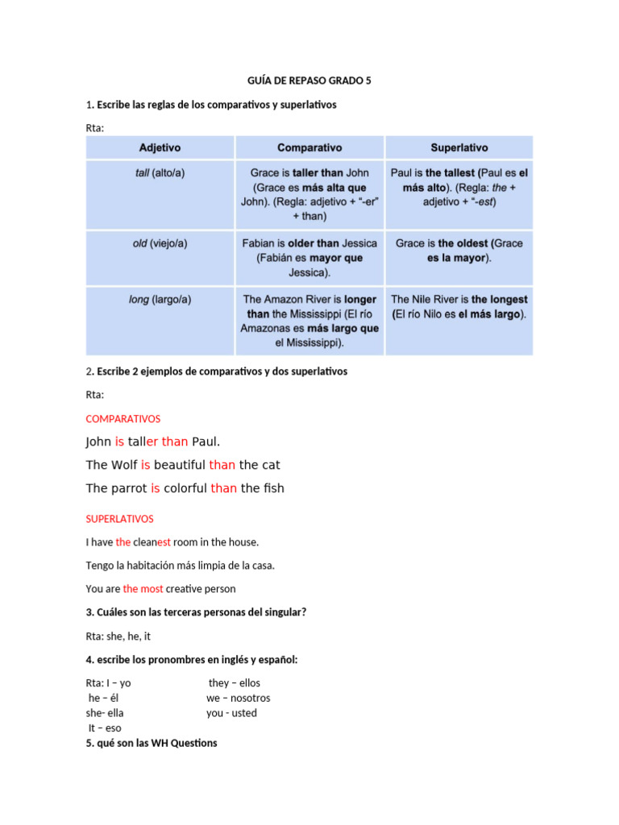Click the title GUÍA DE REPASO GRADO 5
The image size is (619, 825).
309,81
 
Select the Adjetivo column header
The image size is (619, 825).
160,147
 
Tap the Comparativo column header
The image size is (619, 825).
309,147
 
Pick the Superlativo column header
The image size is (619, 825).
459,147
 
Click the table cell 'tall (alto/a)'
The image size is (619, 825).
160,173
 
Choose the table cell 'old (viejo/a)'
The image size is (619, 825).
160,243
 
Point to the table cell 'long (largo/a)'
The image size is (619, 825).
160,300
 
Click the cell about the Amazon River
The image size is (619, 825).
309,321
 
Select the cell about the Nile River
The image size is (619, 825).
459,307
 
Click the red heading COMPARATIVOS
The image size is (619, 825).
123,419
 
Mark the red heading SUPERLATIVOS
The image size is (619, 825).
119,519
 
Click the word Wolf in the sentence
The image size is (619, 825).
124,465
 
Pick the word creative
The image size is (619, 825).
187,589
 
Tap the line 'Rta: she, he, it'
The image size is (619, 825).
118,636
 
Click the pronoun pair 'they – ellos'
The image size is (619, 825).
234,683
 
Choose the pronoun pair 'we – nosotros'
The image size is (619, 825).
238,699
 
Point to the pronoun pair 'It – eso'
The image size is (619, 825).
105,728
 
